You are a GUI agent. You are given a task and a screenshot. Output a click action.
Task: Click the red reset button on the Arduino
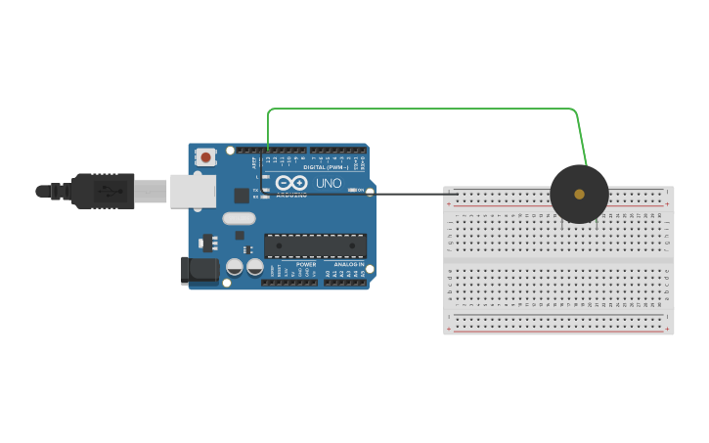206,156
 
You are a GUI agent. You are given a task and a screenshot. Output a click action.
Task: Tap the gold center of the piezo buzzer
579,194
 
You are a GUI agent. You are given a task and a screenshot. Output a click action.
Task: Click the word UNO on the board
330,183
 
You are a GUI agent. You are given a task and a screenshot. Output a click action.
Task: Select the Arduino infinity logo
291,183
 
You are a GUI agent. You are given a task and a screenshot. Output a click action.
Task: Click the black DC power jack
200,271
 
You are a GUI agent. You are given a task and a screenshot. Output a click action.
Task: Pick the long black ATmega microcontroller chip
315,245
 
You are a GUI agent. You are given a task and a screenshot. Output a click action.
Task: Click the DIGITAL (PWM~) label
326,167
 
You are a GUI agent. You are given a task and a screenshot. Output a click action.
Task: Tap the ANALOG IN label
349,264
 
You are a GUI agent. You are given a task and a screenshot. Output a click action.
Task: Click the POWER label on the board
306,264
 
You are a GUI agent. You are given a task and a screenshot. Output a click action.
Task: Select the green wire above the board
421,109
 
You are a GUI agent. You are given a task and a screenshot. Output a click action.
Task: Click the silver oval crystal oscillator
239,218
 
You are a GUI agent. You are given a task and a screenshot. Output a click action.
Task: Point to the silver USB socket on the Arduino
193,191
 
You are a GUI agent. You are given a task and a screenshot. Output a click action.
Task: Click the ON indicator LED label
358,190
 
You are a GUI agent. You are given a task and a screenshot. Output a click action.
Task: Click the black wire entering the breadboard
411,194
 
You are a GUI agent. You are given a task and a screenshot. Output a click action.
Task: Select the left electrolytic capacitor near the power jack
235,266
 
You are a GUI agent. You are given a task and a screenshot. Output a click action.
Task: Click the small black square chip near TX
242,196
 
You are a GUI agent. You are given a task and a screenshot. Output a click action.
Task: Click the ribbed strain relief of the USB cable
59,192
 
